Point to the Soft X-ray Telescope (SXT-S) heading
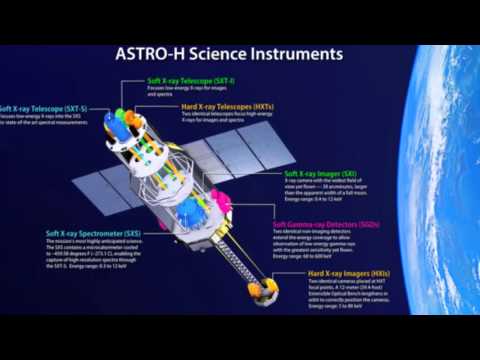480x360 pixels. pos(42,108)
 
